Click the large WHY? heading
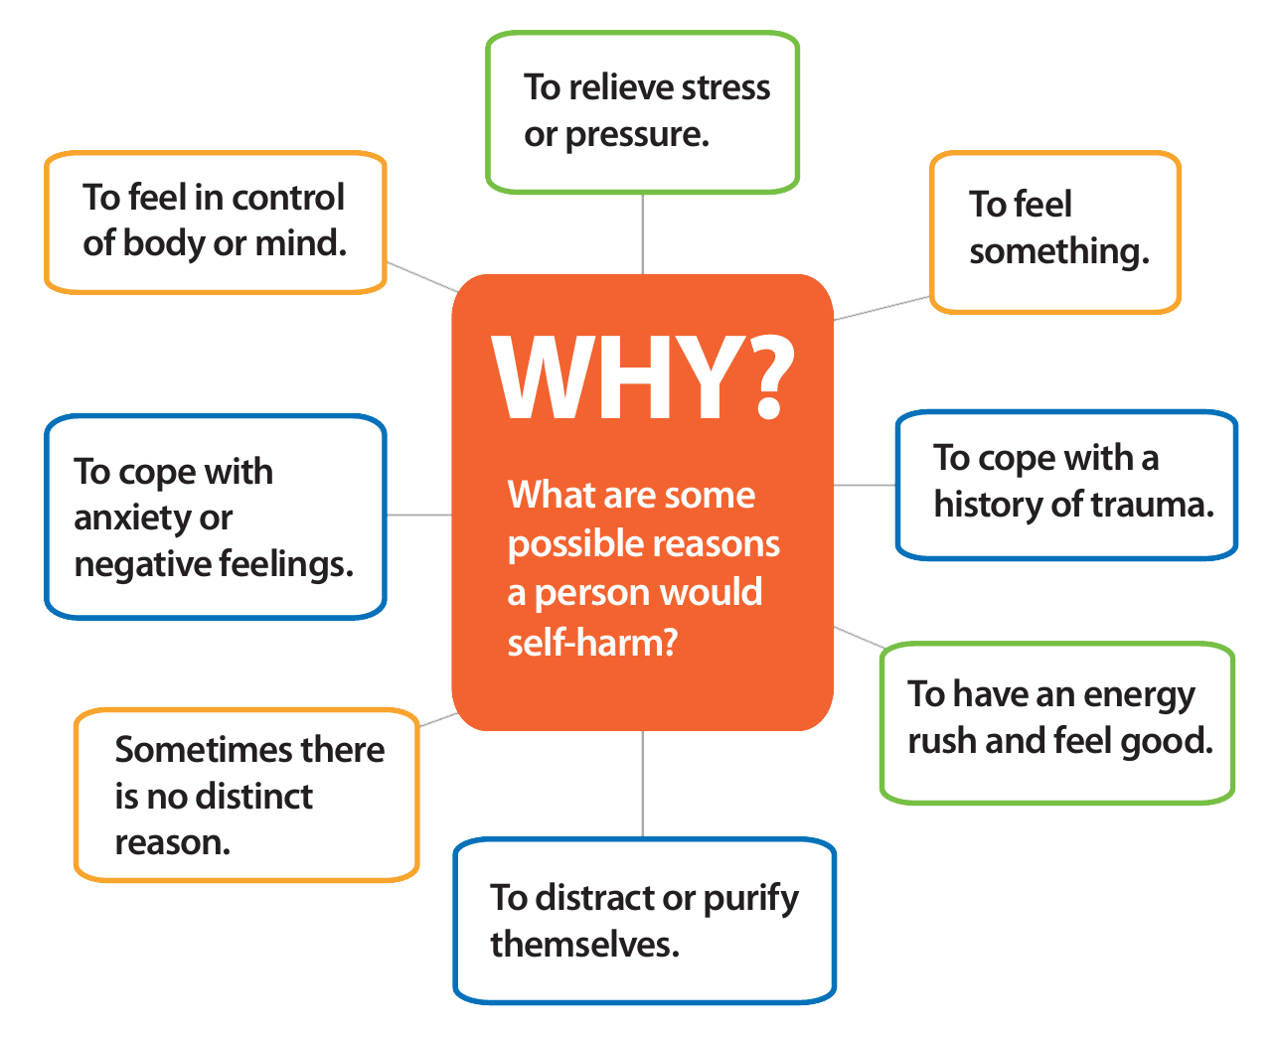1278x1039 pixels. [x=643, y=378]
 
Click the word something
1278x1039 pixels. [x=1058, y=251]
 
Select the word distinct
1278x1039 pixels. [x=253, y=796]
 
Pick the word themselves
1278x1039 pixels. [x=584, y=945]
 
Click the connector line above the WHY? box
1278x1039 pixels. [x=643, y=233]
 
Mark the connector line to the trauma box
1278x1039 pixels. [x=865, y=486]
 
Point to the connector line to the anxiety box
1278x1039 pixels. [x=418, y=516]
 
